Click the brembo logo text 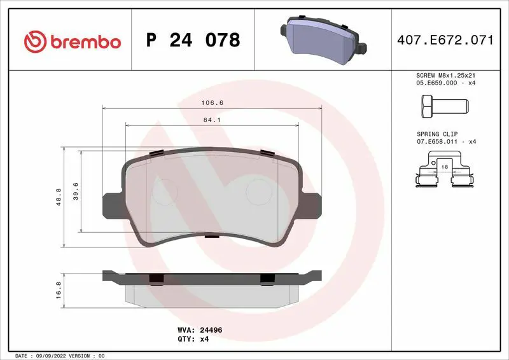(x=86, y=43)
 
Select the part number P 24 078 (x=193, y=40)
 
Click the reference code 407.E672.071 (x=445, y=40)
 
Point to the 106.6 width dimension (x=213, y=102)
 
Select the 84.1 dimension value (x=212, y=120)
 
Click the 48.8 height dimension (x=59, y=197)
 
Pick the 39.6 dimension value (x=76, y=191)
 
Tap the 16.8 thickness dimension (x=59, y=290)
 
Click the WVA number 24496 (x=211, y=330)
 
